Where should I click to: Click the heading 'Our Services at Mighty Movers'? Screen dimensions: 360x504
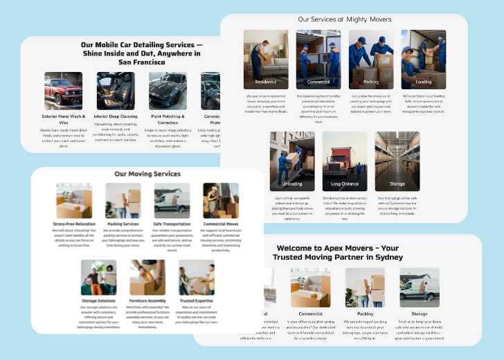pos(344,19)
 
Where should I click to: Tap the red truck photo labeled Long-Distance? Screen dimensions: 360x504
pos(344,161)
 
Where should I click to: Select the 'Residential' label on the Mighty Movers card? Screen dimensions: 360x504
pos(266,82)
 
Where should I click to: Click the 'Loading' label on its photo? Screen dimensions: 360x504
pos(423,82)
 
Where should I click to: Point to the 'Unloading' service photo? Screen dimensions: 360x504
pos(291,161)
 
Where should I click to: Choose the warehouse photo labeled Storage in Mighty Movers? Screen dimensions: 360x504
pos(397,161)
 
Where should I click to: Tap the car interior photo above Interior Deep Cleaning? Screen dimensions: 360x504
pos(116,91)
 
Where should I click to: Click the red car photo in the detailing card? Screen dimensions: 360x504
pos(63,91)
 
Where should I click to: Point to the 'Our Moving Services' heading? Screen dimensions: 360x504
pos(147,174)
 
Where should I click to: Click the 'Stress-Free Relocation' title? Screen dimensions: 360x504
pos(74,224)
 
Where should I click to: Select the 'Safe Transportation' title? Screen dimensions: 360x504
pos(172,224)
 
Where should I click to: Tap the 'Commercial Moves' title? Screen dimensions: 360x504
pos(221,224)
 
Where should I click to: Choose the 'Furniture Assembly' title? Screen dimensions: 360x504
pos(147,301)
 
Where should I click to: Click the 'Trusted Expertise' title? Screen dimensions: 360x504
pos(197,301)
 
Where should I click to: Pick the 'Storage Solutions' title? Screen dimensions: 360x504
pos(98,301)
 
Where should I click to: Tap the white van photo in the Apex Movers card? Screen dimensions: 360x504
pos(420,287)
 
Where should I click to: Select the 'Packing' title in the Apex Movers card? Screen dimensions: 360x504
pos(365,314)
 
